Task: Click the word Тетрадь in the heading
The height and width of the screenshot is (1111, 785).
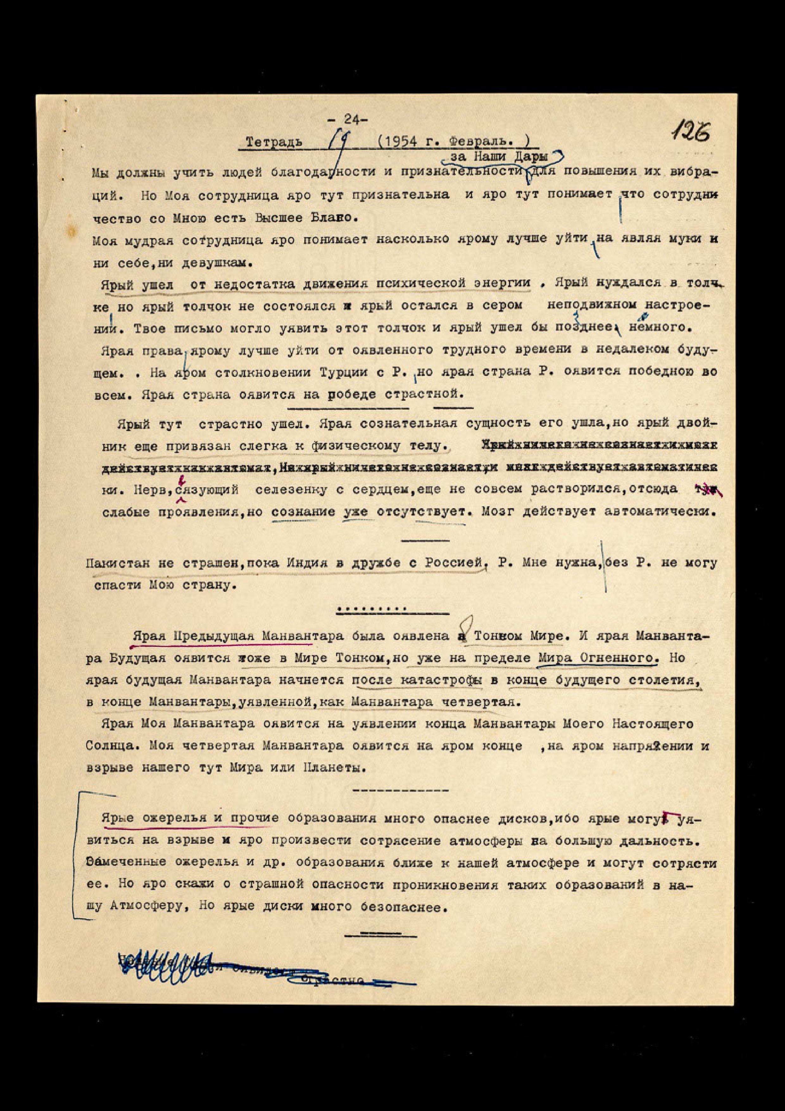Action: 274,142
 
